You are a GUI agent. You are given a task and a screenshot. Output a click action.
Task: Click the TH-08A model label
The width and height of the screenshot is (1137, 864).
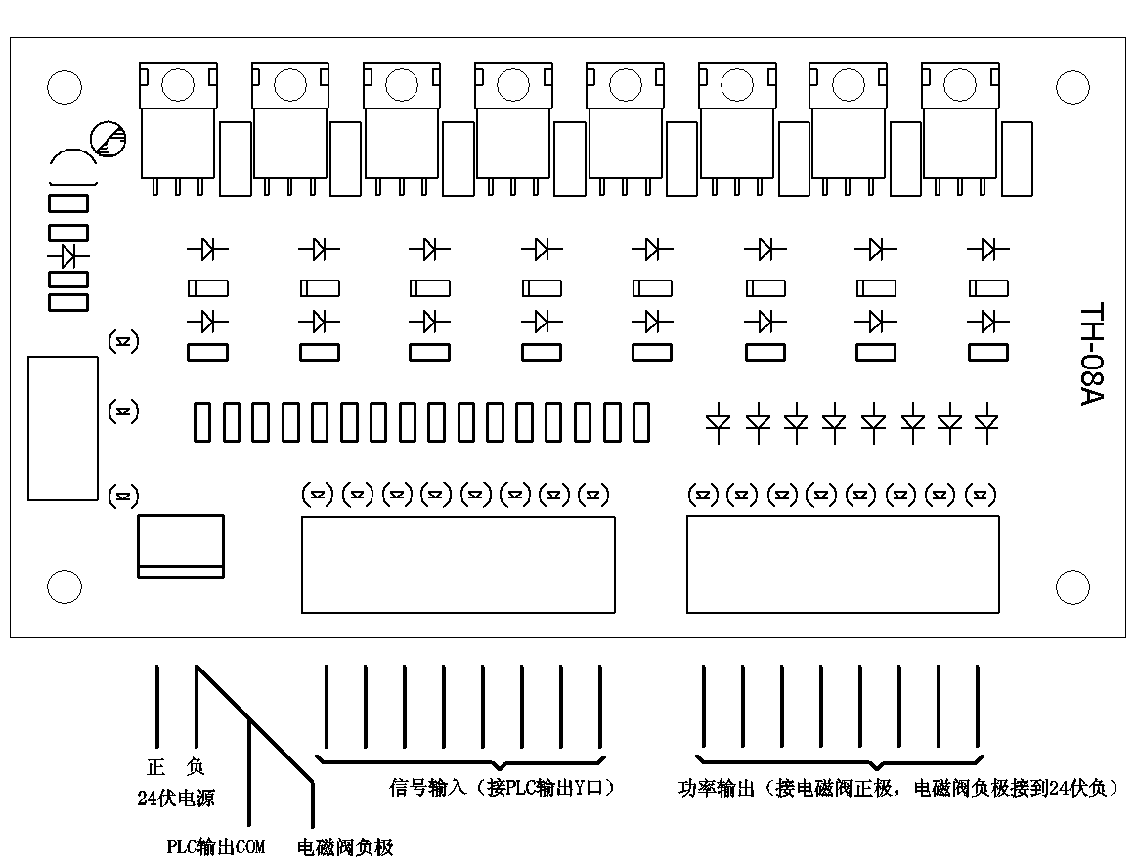click(x=1091, y=355)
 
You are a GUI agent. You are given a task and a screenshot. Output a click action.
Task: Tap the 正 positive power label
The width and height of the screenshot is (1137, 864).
click(x=153, y=768)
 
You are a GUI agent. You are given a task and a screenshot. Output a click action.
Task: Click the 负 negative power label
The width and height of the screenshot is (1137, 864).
click(x=195, y=768)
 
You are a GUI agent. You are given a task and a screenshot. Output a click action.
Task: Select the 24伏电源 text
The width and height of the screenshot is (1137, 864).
click(x=176, y=798)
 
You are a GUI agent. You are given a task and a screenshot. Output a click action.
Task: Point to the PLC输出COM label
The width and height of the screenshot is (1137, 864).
click(x=216, y=846)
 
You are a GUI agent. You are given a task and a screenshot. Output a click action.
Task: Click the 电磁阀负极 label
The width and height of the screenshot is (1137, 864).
click(x=345, y=846)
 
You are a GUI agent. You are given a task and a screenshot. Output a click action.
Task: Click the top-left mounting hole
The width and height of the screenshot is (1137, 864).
click(x=64, y=88)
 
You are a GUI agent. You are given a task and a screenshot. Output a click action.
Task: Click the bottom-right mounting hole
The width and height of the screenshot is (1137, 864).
click(x=1072, y=587)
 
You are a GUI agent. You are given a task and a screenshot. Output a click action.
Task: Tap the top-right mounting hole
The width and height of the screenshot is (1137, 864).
click(x=1072, y=88)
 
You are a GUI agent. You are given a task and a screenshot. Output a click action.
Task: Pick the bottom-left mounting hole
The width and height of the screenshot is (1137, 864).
click(x=64, y=587)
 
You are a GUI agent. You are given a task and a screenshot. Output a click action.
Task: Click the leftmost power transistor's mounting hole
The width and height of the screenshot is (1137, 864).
click(x=177, y=85)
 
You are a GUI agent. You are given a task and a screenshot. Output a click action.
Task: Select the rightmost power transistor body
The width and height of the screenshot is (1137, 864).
click(x=958, y=137)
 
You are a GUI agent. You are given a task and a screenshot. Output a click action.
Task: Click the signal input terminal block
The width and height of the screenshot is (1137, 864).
click(x=458, y=564)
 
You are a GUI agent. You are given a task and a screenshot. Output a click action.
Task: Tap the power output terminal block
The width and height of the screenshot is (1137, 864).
click(x=843, y=564)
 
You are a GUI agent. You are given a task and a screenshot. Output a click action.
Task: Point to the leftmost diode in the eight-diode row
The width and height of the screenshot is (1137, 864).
click(x=719, y=422)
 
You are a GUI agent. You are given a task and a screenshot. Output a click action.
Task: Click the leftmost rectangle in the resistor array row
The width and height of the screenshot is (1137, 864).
click(x=202, y=422)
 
